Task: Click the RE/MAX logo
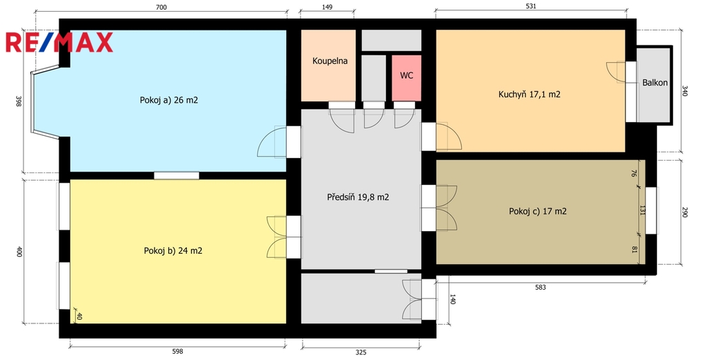coord(59,42)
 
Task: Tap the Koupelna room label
coord(330,61)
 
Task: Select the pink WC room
coord(407,78)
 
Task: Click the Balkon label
coord(655,83)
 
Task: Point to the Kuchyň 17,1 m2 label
coord(529,94)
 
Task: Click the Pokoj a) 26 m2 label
coord(169,100)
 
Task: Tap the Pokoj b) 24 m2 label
coord(173,250)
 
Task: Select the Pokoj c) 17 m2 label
coord(538,211)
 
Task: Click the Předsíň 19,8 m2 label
coord(358,197)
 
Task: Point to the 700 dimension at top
coord(161,7)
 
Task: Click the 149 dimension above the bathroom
coord(327,7)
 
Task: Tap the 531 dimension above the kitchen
coord(531,6)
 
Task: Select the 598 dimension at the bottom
coord(178,352)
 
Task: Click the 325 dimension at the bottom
coord(361,352)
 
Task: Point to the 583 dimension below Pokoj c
coord(541,287)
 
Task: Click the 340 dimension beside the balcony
coord(685,91)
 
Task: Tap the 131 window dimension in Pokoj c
coord(643,210)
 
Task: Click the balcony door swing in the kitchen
coord(616,72)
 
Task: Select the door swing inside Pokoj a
coord(272,142)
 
